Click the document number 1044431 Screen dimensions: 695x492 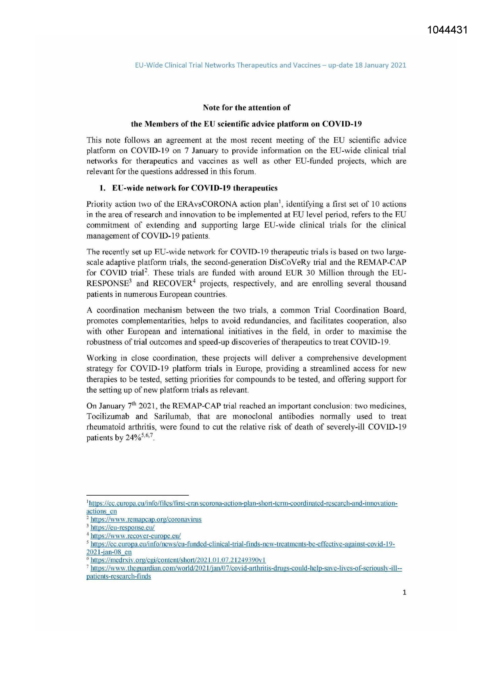click(448, 30)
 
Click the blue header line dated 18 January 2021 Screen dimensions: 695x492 click(270, 65)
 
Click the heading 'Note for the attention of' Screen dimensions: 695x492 click(246, 107)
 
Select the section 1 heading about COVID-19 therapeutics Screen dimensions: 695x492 click(194, 188)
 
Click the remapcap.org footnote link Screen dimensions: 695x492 click(146, 519)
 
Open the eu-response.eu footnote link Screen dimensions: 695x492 click(123, 527)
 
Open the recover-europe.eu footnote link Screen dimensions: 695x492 click(136, 536)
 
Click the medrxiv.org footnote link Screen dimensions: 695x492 click(178, 560)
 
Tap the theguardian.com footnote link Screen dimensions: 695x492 click(246, 568)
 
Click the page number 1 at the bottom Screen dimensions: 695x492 click(404, 592)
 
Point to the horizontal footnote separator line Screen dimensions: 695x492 click(137, 495)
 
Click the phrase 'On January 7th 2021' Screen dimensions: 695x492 click(121, 406)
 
